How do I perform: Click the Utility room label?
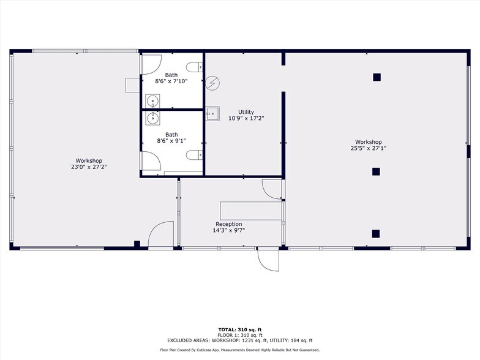click(x=246, y=112)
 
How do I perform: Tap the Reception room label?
click(x=229, y=224)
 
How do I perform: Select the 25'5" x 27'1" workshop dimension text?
click(x=369, y=148)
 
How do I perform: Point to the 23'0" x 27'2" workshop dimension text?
click(x=89, y=167)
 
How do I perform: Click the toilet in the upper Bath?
click(x=194, y=67)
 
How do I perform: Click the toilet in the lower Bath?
click(x=194, y=155)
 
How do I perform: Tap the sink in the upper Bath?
click(x=152, y=100)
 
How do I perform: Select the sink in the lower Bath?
click(x=152, y=118)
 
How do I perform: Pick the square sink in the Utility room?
click(x=212, y=114)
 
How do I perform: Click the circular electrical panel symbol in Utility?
click(x=213, y=83)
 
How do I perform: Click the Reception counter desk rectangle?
click(x=251, y=211)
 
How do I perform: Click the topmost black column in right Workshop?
click(x=377, y=77)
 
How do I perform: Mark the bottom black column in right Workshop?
click(x=376, y=234)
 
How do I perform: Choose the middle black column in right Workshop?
click(x=376, y=171)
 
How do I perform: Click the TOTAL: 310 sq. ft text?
click(x=240, y=329)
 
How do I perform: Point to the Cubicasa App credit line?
click(x=240, y=350)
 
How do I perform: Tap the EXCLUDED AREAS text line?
click(x=240, y=340)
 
